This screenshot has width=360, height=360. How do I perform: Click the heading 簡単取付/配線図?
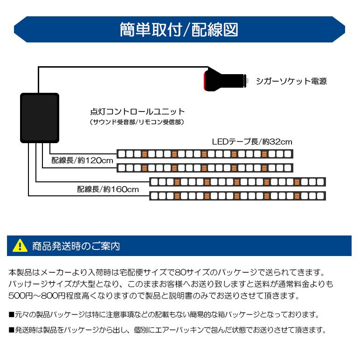pos(180,30)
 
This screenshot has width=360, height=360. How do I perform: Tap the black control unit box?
pos(39,117)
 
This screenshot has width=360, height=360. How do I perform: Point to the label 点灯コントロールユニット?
pos(137,112)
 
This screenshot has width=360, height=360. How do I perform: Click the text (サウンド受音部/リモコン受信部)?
pos(137,122)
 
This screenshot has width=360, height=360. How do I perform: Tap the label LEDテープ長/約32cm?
pos(252,142)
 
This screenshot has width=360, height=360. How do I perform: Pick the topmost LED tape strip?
pos(204,154)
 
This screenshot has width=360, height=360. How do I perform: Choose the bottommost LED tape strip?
pos(236,195)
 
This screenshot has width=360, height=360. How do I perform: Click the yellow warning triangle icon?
pos(20,246)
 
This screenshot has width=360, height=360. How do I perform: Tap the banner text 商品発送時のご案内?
pos(76,246)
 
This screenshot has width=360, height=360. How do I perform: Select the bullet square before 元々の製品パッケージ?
pos(11,315)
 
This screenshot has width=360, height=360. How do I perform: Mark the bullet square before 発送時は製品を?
pos(11,330)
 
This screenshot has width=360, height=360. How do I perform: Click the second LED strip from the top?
pos(204,167)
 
